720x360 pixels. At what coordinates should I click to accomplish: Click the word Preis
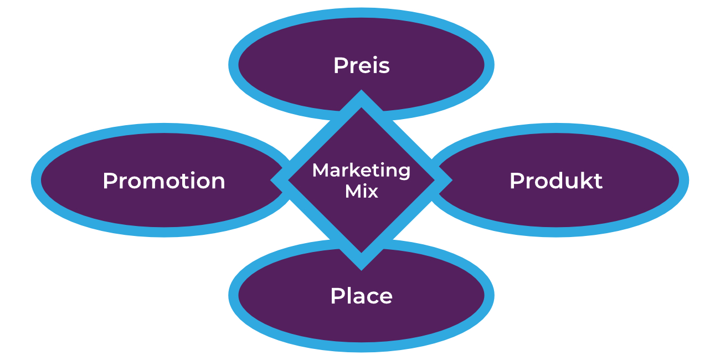click(x=361, y=65)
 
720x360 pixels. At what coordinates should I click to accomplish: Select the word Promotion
click(x=164, y=181)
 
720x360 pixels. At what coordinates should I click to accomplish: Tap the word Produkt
click(x=556, y=181)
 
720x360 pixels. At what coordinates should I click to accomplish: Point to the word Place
click(x=361, y=296)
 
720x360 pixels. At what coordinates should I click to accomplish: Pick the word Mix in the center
click(x=361, y=192)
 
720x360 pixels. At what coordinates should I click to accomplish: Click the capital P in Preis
click(x=340, y=65)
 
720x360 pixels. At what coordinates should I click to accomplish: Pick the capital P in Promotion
click(x=110, y=181)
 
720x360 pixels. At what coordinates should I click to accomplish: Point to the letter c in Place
click(x=371, y=297)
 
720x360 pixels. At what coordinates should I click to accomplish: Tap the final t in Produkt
click(x=598, y=182)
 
